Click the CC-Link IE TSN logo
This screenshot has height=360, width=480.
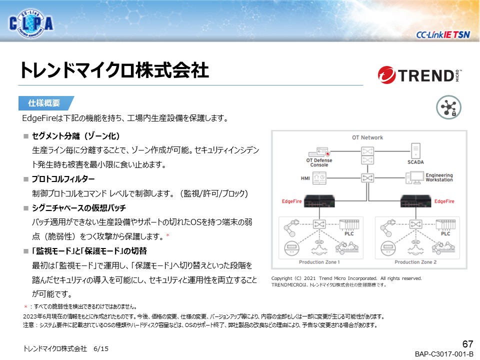click(442, 34)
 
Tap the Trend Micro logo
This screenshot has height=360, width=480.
click(419, 75)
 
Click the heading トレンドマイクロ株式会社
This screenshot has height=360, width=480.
click(114, 70)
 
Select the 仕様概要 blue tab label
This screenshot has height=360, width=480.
click(44, 103)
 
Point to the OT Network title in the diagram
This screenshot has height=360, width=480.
click(367, 137)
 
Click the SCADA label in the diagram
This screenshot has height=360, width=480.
click(415, 162)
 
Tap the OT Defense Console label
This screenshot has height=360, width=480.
click(319, 162)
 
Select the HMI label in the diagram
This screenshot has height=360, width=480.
click(306, 178)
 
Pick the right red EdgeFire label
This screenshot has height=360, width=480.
click(444, 201)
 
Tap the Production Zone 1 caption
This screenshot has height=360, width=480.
click(319, 262)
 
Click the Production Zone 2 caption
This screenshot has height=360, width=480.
click(415, 262)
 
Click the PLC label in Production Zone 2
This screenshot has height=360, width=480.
click(445, 233)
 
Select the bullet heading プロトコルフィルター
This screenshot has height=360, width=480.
click(63, 179)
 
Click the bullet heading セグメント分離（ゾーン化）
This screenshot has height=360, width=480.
click(75, 136)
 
